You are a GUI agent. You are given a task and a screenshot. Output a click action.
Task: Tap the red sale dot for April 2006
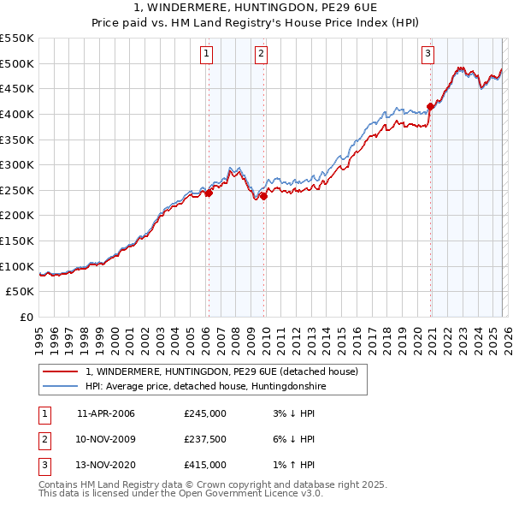(x=209, y=193)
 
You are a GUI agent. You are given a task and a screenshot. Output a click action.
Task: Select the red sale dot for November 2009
(x=263, y=196)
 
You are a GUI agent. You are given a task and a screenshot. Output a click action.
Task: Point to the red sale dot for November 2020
(x=430, y=106)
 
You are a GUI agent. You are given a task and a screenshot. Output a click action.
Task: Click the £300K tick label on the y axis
(x=17, y=164)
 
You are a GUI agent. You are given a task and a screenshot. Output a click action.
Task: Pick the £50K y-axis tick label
(x=21, y=292)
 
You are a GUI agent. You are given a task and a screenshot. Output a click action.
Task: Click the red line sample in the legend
(x=61, y=371)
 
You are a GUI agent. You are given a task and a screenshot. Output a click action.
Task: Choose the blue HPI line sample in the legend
(x=61, y=386)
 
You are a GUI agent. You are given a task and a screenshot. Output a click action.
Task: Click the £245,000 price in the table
(x=205, y=413)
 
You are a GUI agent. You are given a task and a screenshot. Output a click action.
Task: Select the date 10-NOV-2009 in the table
(x=106, y=439)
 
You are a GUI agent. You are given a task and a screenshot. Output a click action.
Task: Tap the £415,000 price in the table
(x=205, y=465)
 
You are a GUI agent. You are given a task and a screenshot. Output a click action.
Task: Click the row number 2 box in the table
(x=44, y=439)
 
